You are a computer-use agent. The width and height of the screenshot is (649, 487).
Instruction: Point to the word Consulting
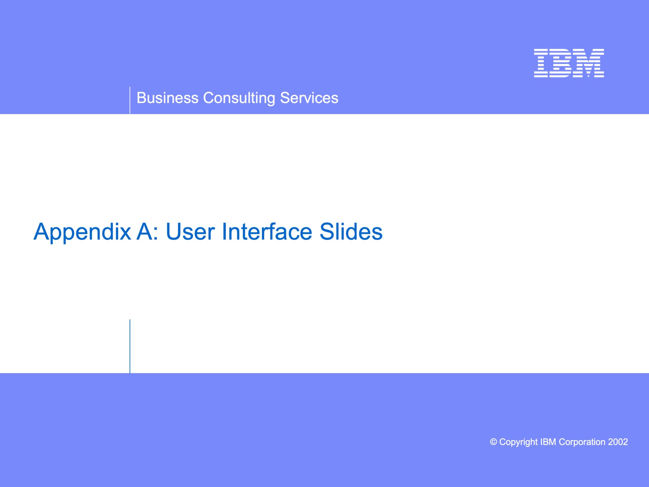tap(239, 98)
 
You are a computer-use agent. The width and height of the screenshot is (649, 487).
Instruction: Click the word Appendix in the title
tap(82, 232)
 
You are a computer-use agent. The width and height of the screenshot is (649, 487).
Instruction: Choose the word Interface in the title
tap(267, 232)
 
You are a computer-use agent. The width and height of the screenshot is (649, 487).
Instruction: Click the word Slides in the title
tap(351, 232)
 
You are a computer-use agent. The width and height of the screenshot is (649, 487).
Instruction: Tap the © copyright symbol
tap(494, 442)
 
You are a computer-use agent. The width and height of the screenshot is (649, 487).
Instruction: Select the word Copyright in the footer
tap(518, 442)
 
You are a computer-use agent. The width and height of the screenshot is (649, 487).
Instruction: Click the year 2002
tap(618, 442)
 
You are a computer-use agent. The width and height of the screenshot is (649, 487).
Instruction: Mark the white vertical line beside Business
tap(130, 100)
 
